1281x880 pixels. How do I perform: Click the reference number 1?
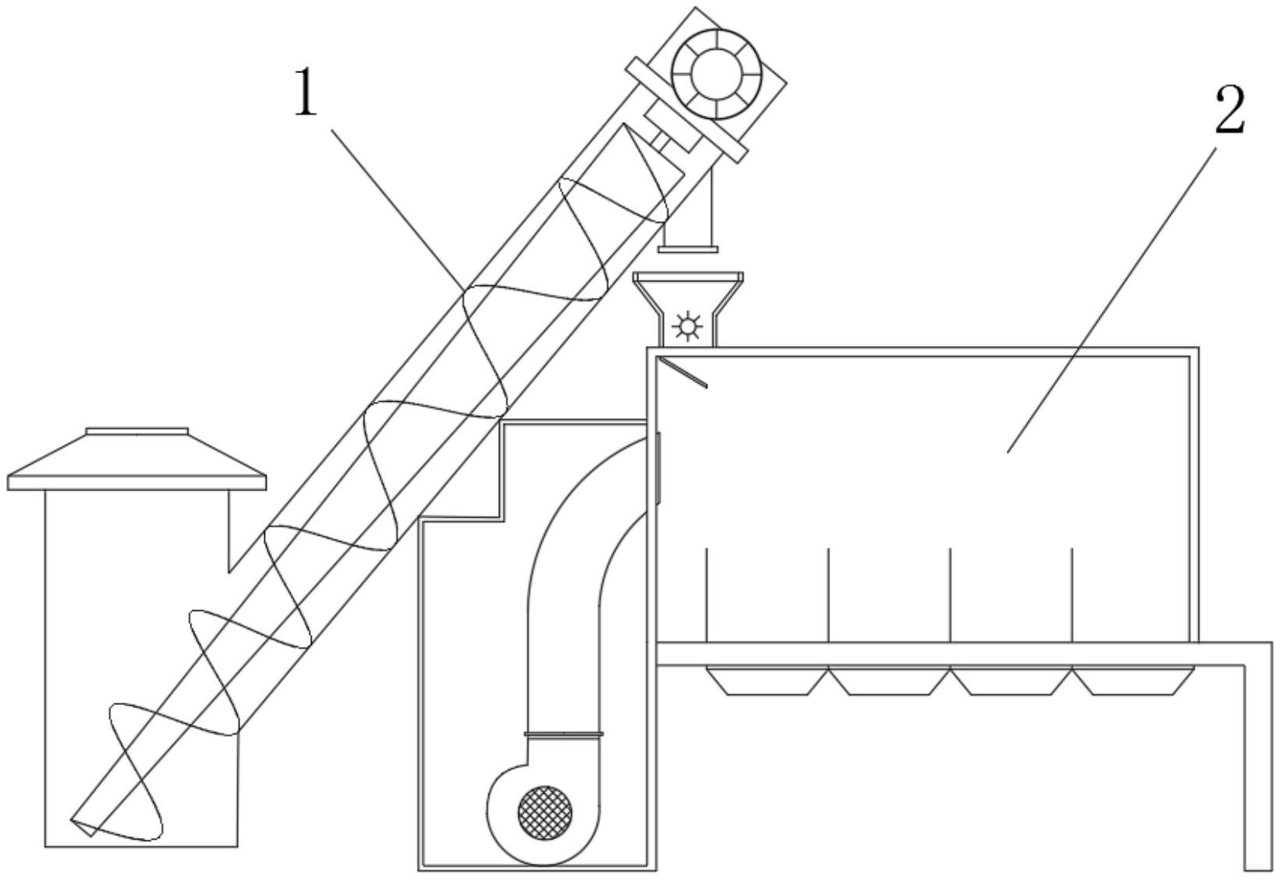click(306, 91)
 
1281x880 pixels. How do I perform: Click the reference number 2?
click(1230, 111)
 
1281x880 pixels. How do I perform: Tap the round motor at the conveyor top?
click(717, 74)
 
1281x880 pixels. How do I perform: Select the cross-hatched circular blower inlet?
click(545, 812)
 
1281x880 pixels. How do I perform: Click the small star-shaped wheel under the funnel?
click(687, 327)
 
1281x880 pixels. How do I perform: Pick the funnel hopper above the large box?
click(689, 309)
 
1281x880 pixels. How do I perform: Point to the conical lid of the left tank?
click(137, 461)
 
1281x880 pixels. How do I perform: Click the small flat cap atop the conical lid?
click(137, 431)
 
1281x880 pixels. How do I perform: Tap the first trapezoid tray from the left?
click(767, 680)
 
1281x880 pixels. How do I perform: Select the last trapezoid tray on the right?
click(1133, 680)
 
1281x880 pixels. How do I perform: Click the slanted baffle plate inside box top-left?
click(682, 372)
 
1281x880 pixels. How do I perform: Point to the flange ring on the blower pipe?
click(564, 734)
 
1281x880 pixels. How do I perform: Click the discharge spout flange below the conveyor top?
click(688, 249)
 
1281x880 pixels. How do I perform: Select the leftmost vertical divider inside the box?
click(707, 595)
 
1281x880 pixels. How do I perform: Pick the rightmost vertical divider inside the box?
click(1072, 595)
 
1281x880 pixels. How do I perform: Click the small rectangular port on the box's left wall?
click(659, 468)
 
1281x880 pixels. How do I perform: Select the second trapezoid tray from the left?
click(890, 680)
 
